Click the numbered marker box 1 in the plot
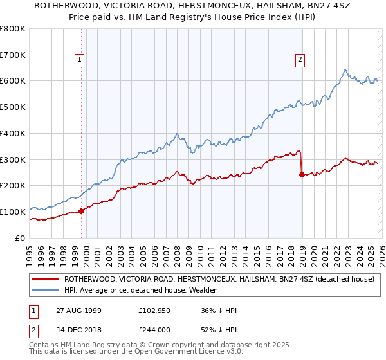click(79, 60)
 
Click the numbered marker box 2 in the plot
click(300, 60)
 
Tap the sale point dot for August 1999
click(82, 211)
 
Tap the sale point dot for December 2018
click(302, 174)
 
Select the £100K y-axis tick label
click(13, 212)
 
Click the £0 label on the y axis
click(21, 238)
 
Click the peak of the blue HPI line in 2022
click(345, 69)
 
